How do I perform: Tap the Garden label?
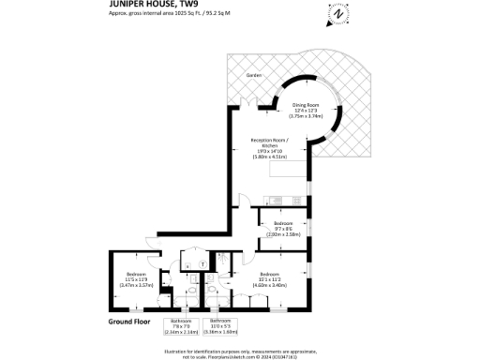(x=254, y=75)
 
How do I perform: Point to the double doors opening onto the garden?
(x=246, y=101)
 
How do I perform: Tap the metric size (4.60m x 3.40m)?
(x=272, y=284)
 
